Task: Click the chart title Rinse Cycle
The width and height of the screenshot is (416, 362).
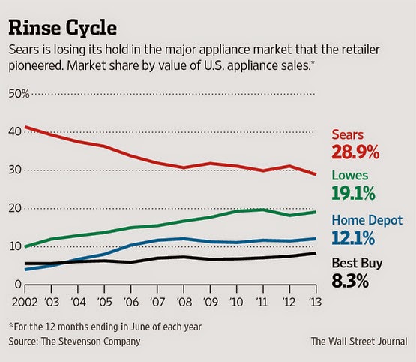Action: coord(63,28)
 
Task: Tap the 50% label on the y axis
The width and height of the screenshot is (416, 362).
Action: coord(19,94)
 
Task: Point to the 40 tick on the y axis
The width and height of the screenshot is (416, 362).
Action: coord(15,131)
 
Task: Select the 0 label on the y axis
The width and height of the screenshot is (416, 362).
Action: coord(18,285)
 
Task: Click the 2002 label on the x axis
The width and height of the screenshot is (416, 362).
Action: coord(25,302)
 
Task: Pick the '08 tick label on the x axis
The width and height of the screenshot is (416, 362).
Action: coord(184,302)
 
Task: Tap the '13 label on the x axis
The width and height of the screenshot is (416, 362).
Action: coord(315,302)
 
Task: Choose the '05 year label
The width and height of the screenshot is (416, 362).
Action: coord(104,302)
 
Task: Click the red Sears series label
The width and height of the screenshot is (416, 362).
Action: coord(347,134)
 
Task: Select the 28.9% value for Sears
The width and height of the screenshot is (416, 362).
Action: coord(355,152)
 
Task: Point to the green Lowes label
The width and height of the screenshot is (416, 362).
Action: coord(350,176)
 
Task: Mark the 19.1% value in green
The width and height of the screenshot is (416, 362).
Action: coord(353,193)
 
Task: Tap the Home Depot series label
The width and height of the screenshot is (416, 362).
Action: coord(367,221)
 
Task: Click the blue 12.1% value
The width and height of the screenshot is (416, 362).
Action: coord(353,238)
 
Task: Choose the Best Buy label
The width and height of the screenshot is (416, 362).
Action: coord(357,264)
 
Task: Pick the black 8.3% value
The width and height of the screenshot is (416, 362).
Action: coord(350,282)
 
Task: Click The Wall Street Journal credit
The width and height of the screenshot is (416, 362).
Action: coord(359,341)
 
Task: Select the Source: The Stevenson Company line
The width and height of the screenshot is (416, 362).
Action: coord(74,342)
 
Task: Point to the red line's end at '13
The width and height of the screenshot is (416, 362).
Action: coord(316,174)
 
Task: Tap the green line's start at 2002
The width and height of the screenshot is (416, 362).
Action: coord(25,246)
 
